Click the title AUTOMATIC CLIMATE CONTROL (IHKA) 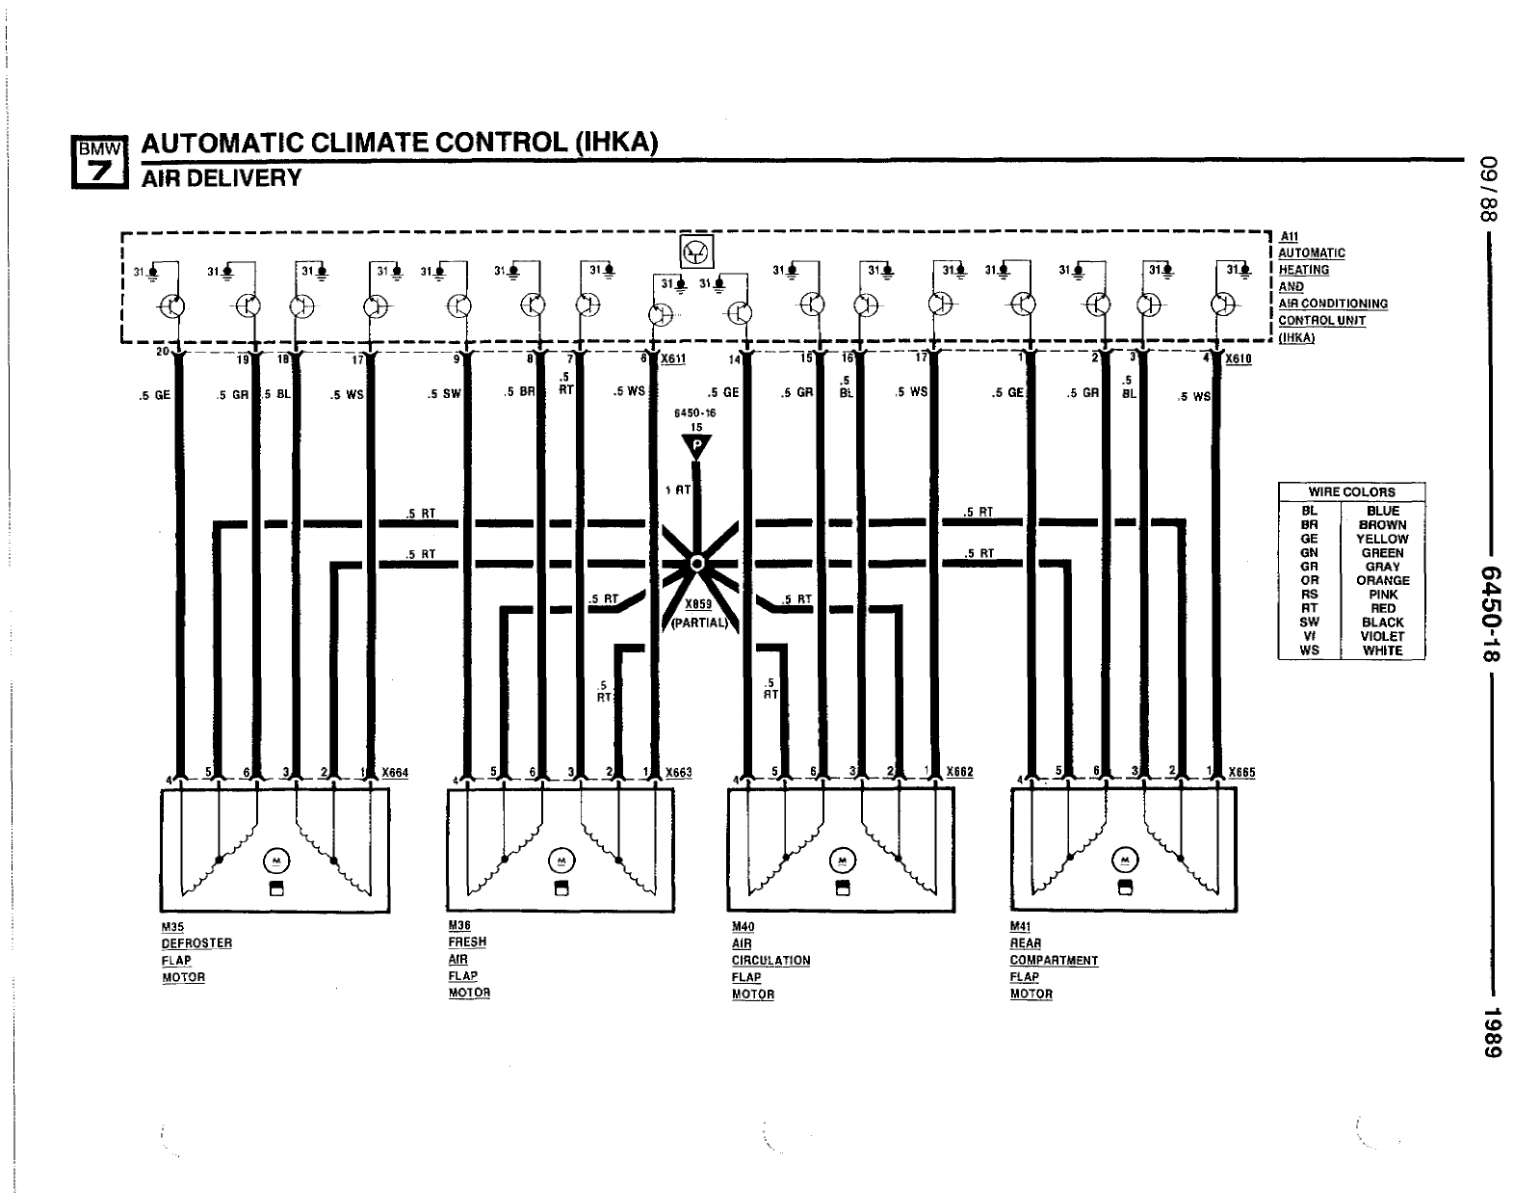(x=400, y=143)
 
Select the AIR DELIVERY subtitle (x=222, y=178)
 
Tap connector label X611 (x=672, y=358)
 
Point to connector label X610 (x=1239, y=358)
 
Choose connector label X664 (x=395, y=772)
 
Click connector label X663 (x=679, y=772)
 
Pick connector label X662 (x=960, y=772)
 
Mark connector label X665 (x=1242, y=772)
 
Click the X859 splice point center (x=698, y=563)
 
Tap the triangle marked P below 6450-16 (x=696, y=446)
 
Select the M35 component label (x=172, y=927)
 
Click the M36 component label (x=459, y=925)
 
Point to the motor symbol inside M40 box (x=842, y=860)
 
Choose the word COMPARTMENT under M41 (x=1054, y=961)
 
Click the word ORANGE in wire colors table (x=1382, y=580)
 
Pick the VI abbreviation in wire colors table (x=1309, y=636)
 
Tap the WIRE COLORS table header (x=1351, y=491)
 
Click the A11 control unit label (x=1289, y=236)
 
